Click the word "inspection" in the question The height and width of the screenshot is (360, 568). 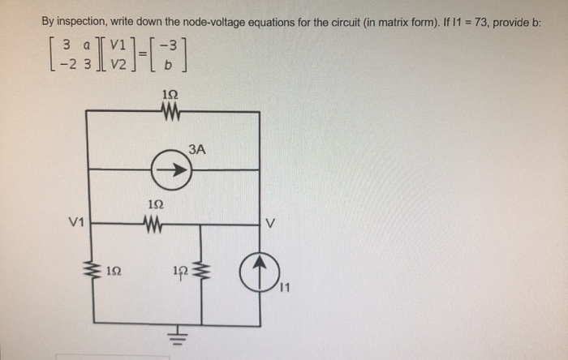[x=84, y=22]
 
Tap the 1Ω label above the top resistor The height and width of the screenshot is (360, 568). [x=171, y=94]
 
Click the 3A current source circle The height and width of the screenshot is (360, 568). [x=172, y=171]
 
